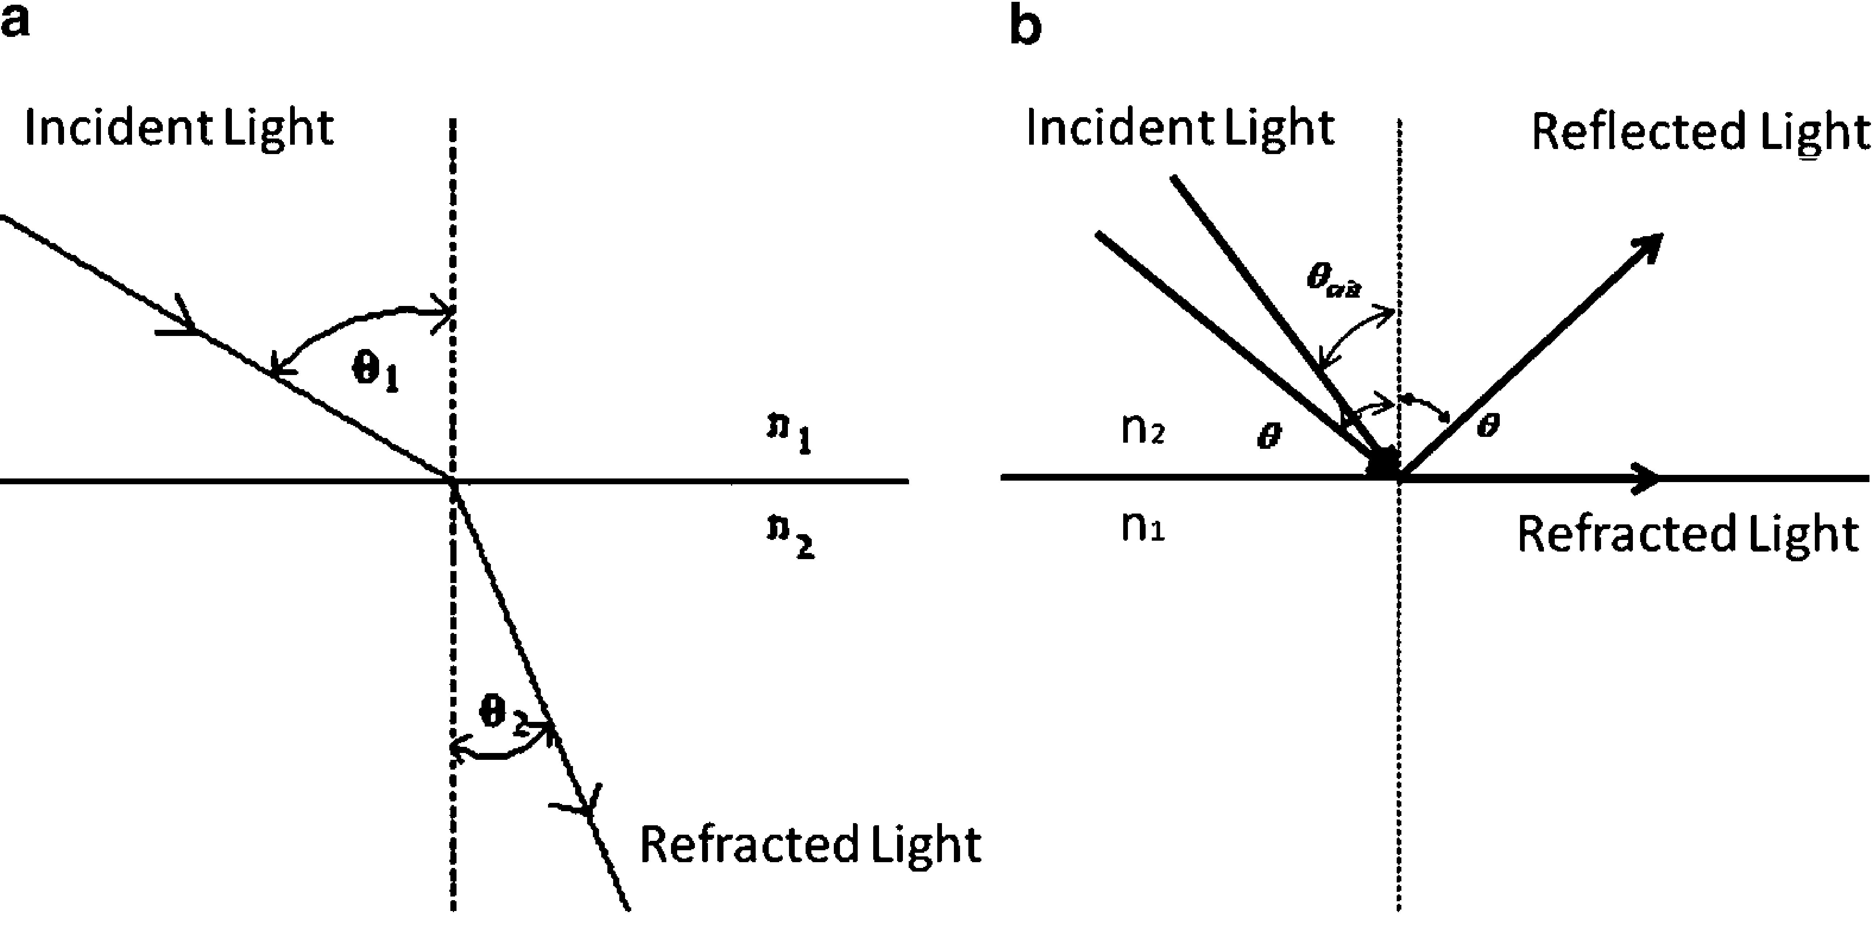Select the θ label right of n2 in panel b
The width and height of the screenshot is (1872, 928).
(1269, 436)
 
